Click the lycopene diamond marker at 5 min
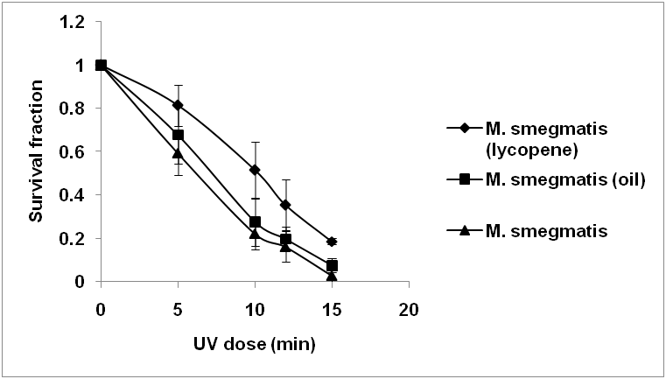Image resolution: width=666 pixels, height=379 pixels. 178,105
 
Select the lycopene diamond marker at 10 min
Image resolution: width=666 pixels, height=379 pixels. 255,170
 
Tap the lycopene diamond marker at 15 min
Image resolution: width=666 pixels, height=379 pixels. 332,241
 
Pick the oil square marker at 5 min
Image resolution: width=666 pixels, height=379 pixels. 178,135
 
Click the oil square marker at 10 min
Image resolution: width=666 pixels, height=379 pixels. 255,222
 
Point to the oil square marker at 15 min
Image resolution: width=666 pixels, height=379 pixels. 332,265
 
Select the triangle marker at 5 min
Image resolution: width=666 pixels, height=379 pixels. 178,153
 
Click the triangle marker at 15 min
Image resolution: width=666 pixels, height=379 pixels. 332,276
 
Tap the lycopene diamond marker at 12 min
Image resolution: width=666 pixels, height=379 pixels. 285,205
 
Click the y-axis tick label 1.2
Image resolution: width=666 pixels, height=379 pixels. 74,22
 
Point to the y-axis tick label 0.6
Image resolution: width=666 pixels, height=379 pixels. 74,151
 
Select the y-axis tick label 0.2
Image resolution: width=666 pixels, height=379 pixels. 74,238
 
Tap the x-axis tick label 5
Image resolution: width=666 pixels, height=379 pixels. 178,310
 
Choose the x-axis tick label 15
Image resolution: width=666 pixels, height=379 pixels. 332,310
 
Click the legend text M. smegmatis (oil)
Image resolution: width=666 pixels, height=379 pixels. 550,180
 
